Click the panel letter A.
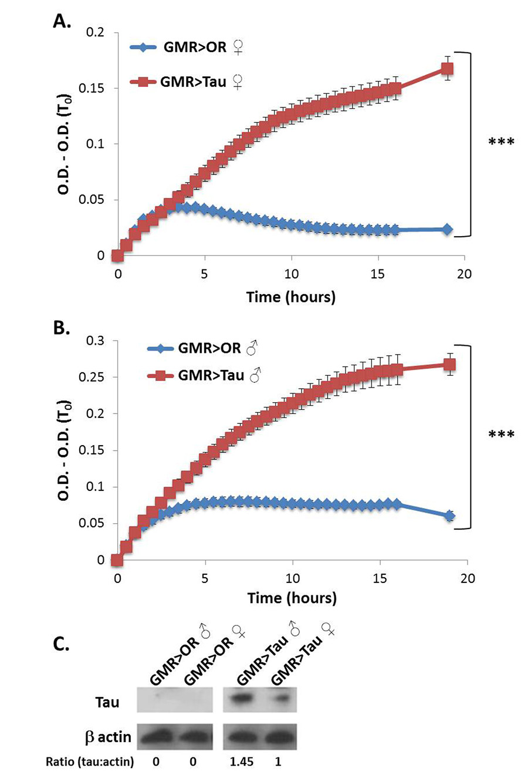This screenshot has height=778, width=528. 62,22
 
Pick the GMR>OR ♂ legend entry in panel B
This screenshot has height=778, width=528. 202,348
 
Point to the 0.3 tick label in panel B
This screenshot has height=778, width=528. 94,341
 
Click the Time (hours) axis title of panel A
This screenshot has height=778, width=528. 291,297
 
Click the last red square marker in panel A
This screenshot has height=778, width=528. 447,69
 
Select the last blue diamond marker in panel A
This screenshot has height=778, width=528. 447,230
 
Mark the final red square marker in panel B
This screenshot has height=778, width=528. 450,365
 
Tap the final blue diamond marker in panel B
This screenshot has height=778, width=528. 450,516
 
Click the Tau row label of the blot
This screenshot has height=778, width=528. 107,702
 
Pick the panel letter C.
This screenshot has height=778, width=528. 61,644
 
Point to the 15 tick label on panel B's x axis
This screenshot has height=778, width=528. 380,578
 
